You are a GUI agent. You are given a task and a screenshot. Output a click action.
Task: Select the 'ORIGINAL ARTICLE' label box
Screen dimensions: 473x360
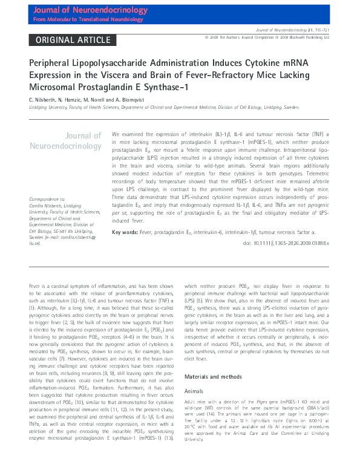click(70, 40)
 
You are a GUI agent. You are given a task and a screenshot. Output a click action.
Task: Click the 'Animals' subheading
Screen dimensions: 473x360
click(195, 390)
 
